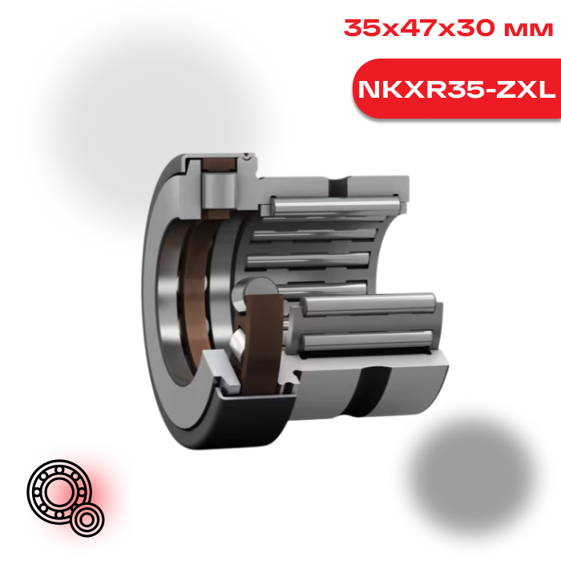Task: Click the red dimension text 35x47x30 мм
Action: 448,28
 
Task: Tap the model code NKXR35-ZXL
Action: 457,90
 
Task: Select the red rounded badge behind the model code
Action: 457,88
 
